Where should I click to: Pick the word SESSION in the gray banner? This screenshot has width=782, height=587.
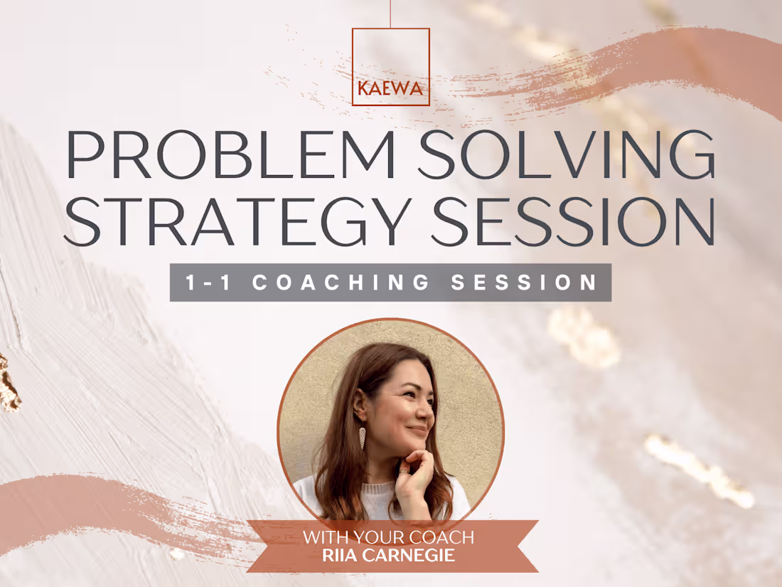coord(525,282)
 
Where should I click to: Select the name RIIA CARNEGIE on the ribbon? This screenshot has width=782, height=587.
coord(389,555)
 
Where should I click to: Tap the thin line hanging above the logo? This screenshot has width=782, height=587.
coord(390,14)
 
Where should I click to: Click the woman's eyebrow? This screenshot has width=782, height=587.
coord(409,381)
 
